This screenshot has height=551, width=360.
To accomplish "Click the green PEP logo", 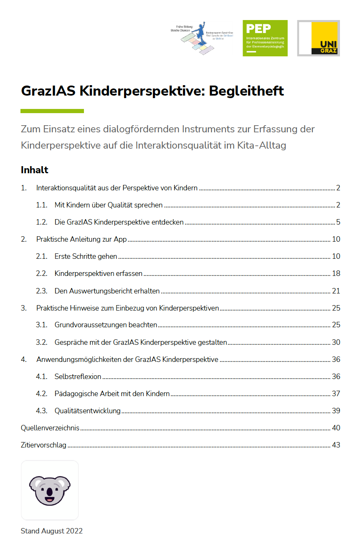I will click(x=265, y=38).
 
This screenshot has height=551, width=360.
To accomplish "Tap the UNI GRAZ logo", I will click(x=318, y=38).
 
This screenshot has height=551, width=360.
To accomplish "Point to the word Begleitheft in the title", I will click(x=246, y=91).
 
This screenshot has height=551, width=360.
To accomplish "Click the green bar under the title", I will click(x=52, y=111).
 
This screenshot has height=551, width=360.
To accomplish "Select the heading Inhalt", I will click(x=35, y=170).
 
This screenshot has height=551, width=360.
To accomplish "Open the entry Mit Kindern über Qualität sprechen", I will click(x=108, y=205).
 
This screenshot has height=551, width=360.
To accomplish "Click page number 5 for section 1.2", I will click(x=338, y=222).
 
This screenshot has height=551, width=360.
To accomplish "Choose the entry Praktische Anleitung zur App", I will click(x=81, y=239).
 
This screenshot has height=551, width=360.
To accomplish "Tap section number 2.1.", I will click(x=41, y=256).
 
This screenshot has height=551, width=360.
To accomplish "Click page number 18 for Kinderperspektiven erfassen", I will click(x=336, y=273).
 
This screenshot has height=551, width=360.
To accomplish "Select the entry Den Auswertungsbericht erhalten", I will click(x=107, y=291).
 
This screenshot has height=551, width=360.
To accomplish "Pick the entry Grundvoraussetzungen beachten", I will click(x=106, y=325).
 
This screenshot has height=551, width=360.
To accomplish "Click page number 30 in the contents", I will click(x=336, y=342).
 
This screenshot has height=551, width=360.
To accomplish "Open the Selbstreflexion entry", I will click(x=78, y=376).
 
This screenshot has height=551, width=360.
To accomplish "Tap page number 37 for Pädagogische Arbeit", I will click(x=336, y=393).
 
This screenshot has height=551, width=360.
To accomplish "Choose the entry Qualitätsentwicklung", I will click(x=87, y=410).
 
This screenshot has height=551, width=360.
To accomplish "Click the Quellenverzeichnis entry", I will click(x=50, y=427).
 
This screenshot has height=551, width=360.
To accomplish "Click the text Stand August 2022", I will click(x=52, y=531).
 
